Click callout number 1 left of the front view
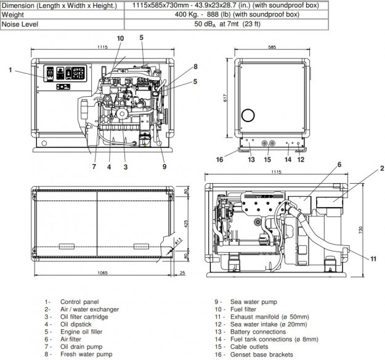coord(10,70)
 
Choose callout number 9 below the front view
coord(164,166)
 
